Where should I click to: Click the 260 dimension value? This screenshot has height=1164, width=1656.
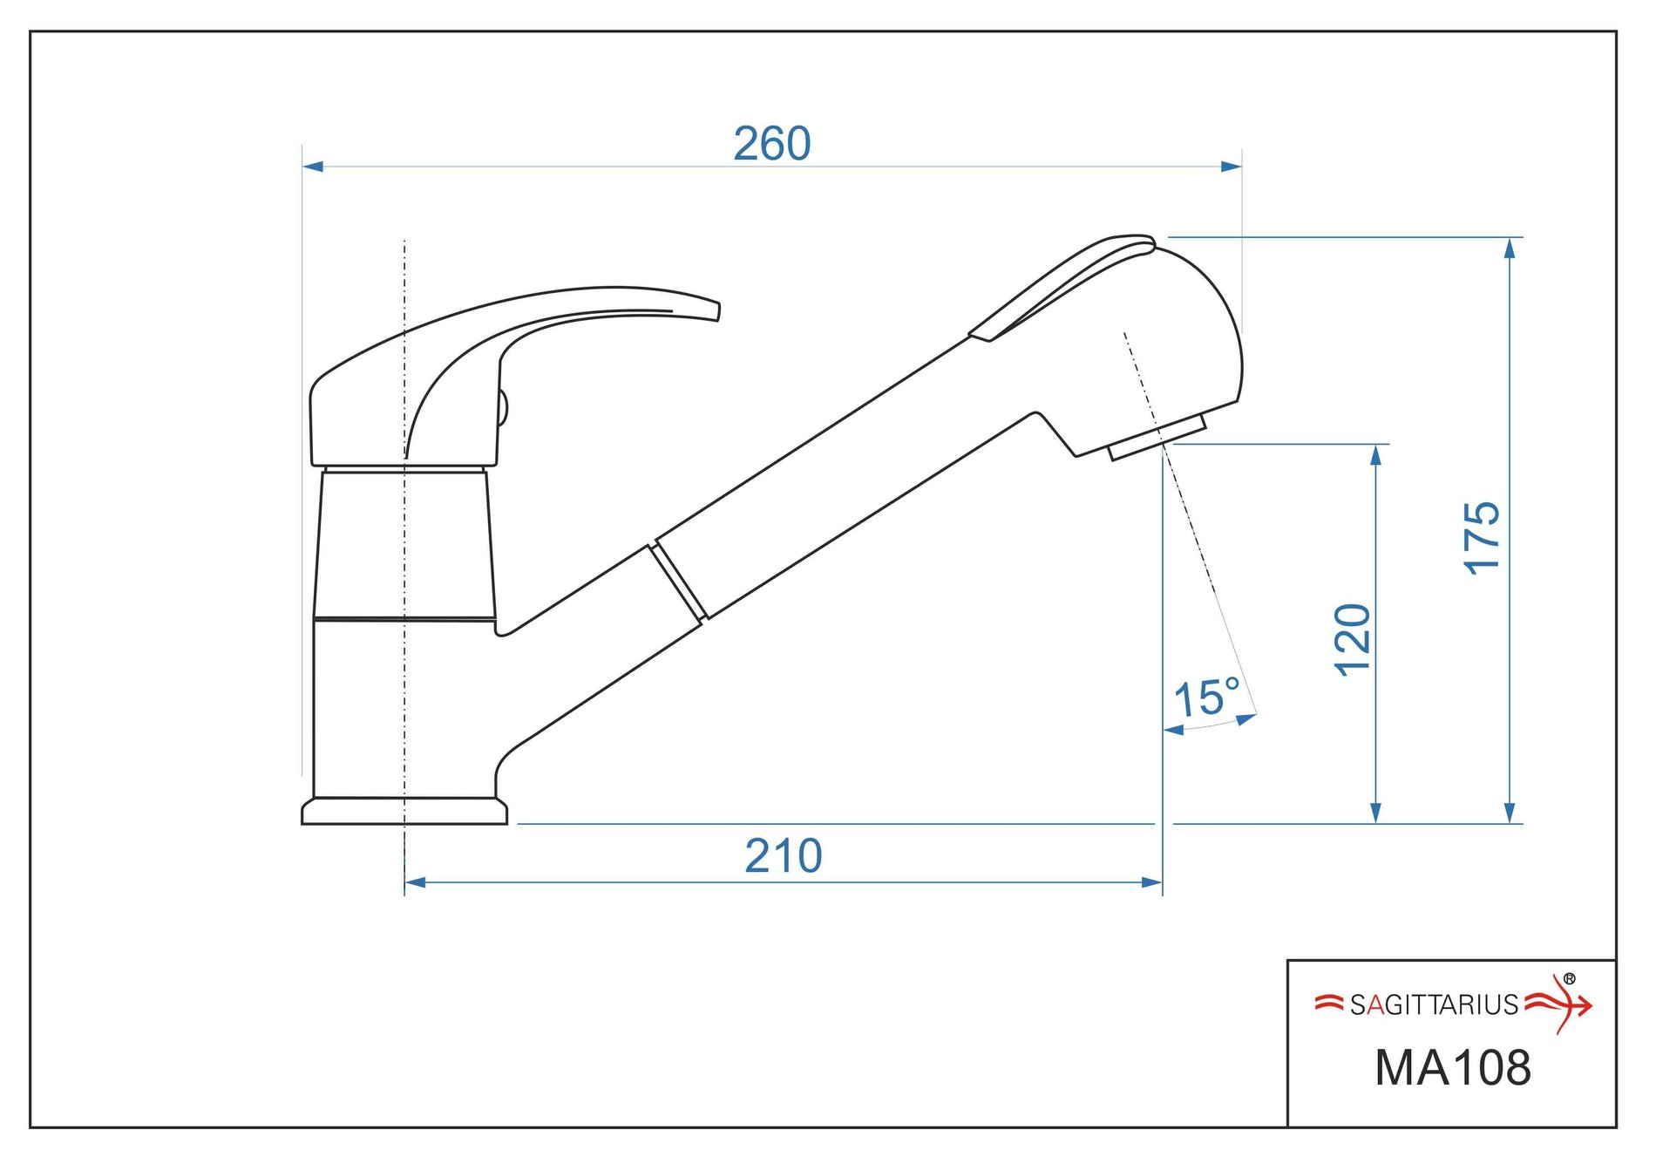771,144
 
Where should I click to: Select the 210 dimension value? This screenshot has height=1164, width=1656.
783,856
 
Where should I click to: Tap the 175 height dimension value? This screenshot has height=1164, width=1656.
1482,538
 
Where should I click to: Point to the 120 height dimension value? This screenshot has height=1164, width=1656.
1353,639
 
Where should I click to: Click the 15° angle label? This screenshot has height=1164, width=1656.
1207,698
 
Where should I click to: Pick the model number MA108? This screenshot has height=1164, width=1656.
1452,1067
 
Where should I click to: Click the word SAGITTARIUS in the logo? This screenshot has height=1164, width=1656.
1434,1005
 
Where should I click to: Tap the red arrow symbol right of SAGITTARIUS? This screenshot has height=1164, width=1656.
1558,1005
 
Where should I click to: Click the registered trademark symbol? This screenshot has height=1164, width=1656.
1570,979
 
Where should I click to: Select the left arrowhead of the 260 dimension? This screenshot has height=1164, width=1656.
313,166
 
